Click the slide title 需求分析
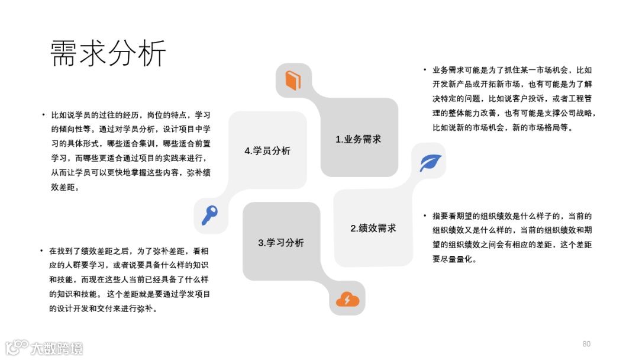[x=108, y=54]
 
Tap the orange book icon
[x=293, y=80]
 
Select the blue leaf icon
[x=430, y=162]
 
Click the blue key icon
[x=209, y=215]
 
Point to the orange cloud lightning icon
[x=347, y=299]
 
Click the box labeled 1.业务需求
[x=359, y=139]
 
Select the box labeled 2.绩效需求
[x=373, y=228]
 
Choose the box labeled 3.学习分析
[x=281, y=242]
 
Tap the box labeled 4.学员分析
[x=267, y=151]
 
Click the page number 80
[x=586, y=344]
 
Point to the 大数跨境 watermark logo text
[x=57, y=348]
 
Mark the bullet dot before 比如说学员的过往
[x=43, y=114]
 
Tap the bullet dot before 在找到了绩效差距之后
[x=41, y=250]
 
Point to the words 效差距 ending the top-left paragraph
[x=64, y=187]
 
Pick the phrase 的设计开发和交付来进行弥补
[x=102, y=308]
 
